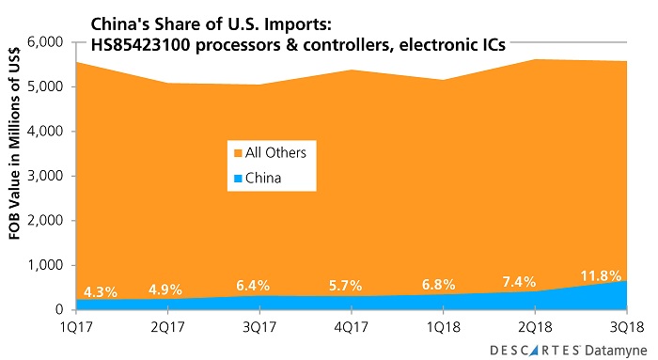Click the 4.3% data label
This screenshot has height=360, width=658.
100,292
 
